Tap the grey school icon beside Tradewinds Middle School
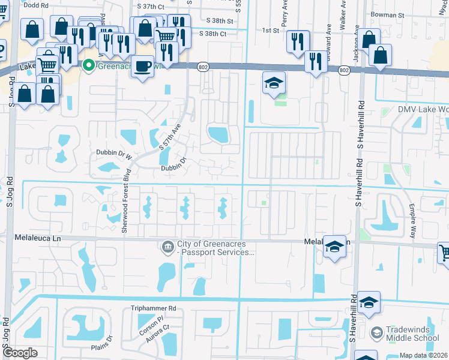[376, 332]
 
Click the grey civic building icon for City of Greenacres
[167, 246]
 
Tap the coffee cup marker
[142, 67]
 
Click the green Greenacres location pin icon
[89, 65]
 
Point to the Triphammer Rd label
[153, 308]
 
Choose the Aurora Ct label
[157, 336]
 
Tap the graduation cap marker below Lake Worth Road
[274, 84]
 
